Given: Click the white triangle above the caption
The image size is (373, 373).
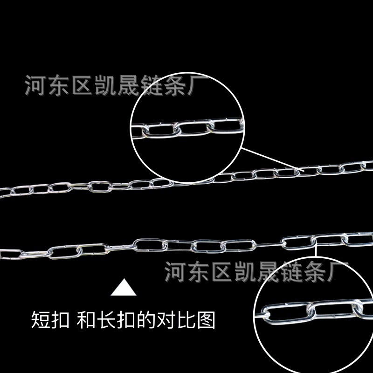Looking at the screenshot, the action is pos(124,289).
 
